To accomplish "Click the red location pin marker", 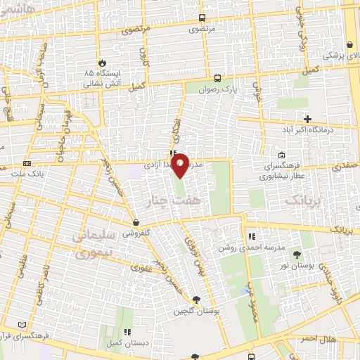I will pos(180,165).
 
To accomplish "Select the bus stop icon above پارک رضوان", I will pos(217,78).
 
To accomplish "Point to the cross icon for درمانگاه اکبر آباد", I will pos(307,117).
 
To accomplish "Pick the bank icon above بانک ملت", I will pos(27,162).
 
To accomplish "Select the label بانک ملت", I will pos(29,173).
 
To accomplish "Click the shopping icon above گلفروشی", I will pos(136,223).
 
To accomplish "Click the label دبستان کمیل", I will pos(127,343).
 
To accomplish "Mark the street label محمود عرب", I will pos(250,298).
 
